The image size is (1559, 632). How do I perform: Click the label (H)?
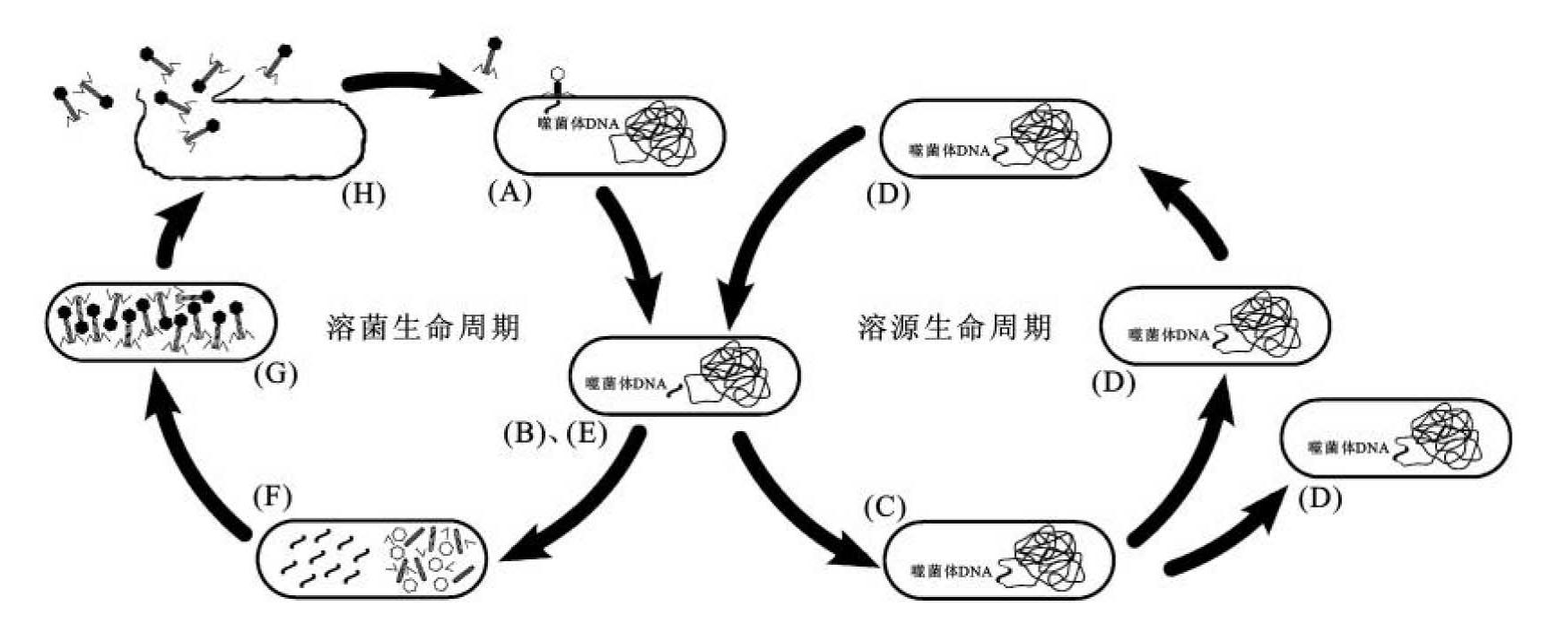point(364,195)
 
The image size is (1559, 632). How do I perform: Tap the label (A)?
point(510,192)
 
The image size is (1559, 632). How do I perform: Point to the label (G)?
point(275,373)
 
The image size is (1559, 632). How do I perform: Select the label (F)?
point(272,498)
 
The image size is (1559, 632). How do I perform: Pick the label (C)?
point(884,508)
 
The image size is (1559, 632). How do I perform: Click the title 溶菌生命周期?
point(423,327)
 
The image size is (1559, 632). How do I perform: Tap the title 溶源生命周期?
point(954,327)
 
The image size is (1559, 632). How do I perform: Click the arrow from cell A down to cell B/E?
point(631,251)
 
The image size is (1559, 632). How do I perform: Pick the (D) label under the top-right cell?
point(888,195)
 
